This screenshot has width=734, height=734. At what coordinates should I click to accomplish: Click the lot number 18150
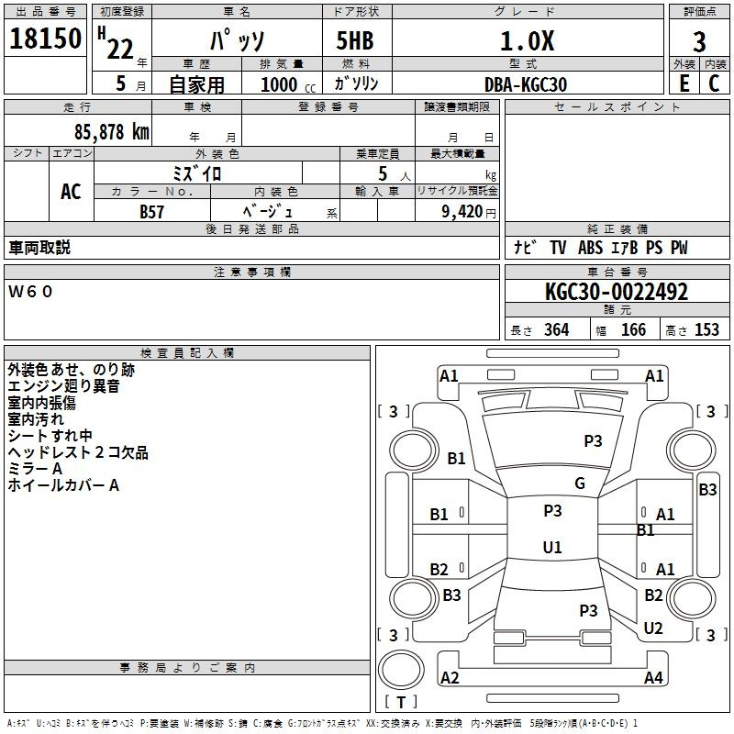[x=45, y=39]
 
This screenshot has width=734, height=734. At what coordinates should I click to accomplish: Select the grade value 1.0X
[x=527, y=40]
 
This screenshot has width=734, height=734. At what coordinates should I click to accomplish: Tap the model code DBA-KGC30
[x=526, y=84]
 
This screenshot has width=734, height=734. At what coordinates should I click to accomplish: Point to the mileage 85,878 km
[x=112, y=131]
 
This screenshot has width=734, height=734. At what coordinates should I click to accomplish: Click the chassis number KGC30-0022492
[x=617, y=292]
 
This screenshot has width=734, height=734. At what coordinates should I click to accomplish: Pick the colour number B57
[x=151, y=212]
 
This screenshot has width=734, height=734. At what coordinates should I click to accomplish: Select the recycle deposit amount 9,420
[x=462, y=211]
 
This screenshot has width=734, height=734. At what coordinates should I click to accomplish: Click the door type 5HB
[x=355, y=40]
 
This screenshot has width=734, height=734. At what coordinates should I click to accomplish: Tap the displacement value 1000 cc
[x=288, y=84]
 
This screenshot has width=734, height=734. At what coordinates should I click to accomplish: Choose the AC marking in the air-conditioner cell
[x=72, y=192]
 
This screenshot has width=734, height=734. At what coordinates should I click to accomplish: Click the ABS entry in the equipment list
[x=590, y=248]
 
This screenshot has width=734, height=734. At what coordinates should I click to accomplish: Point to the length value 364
[x=556, y=329]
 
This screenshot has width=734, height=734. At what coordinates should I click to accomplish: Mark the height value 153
[x=706, y=329]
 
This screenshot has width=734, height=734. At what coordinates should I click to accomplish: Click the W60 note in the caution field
[x=30, y=292]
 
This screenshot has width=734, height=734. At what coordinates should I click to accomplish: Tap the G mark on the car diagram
[x=580, y=483]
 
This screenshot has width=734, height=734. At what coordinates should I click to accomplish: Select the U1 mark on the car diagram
[x=552, y=547]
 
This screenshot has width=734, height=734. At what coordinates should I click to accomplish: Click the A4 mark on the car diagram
[x=653, y=677]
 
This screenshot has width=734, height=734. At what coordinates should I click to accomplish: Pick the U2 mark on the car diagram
[x=653, y=628]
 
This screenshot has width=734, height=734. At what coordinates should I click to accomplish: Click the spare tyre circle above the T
[x=401, y=670]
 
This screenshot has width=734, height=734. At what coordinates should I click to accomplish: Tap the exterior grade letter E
[x=684, y=83]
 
